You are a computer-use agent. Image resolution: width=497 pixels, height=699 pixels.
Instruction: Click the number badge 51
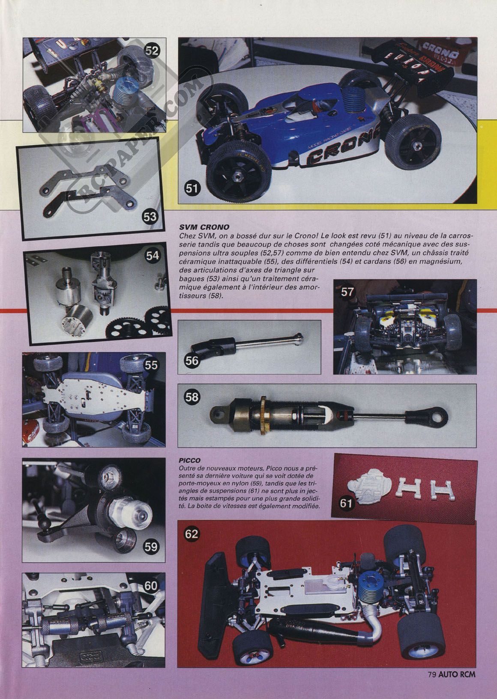[191, 188]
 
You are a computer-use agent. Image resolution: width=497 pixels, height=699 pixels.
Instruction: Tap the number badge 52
[152, 51]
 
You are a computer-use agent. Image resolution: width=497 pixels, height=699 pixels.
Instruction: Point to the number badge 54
[153, 256]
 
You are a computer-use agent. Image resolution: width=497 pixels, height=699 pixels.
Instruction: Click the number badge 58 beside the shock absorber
[192, 397]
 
